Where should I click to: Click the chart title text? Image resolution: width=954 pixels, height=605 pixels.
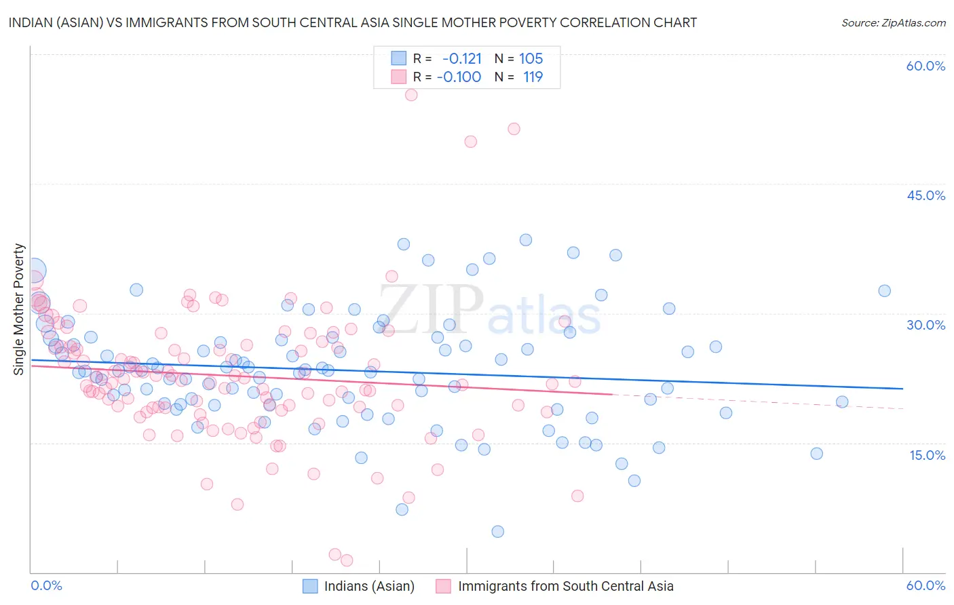tap(352, 22)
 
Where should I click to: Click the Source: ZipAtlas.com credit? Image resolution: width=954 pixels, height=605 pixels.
tap(893, 22)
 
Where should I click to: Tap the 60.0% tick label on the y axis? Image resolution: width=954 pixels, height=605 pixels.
tap(926, 66)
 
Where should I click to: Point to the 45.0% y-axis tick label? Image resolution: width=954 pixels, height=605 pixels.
tap(926, 195)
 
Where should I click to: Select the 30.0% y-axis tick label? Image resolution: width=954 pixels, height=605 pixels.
tap(926, 325)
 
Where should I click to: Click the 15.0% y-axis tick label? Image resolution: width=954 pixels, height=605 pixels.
tap(927, 455)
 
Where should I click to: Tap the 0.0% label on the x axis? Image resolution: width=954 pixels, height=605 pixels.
tap(46, 585)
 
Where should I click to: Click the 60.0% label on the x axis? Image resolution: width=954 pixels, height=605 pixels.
tap(926, 585)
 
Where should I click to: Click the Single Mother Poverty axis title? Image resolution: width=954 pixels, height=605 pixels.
tap(19, 309)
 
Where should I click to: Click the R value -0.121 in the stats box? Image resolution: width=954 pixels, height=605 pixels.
tap(461, 58)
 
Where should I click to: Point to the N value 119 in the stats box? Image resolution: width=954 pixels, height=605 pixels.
tap(533, 77)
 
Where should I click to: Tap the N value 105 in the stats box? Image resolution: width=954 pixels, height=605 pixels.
tap(531, 58)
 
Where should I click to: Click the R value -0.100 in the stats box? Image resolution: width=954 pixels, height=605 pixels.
tap(459, 77)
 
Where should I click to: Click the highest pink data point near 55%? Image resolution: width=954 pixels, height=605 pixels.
tap(411, 95)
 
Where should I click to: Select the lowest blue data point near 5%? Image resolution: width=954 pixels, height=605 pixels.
tap(498, 532)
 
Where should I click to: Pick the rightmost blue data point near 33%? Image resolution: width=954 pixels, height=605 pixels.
tap(885, 291)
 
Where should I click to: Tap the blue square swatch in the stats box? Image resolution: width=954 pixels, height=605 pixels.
tap(398, 58)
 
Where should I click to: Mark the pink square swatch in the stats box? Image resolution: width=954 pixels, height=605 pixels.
tap(398, 77)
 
